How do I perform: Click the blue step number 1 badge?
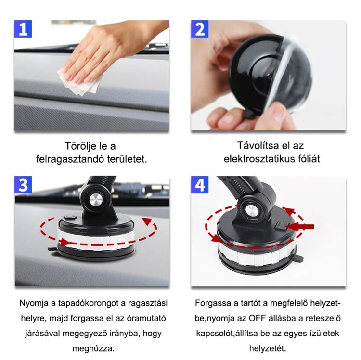[23, 29]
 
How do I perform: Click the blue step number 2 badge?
[200, 29]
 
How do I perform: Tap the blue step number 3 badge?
[23, 185]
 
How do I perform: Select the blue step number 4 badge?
[200, 185]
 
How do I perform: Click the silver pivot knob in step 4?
[250, 209]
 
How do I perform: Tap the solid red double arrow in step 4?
[299, 227]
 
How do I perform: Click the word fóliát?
[309, 159]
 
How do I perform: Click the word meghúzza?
[93, 349]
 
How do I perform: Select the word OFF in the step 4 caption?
[257, 318]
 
